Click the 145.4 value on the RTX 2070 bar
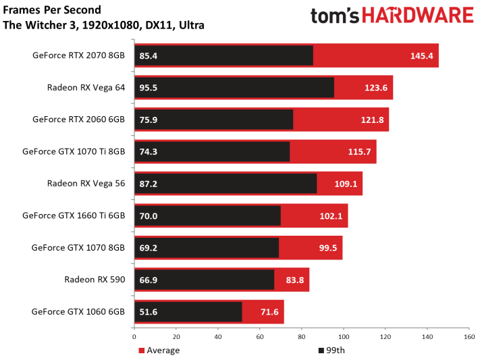421,56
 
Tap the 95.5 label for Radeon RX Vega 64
148,88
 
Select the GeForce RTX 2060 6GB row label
79,119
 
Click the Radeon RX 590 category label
95,280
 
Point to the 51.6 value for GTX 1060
148,312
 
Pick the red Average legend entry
159,350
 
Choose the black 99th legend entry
331,350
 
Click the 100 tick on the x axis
344,337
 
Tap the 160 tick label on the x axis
469,337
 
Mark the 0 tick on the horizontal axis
134,337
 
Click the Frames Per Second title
52,10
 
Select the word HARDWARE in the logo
418,16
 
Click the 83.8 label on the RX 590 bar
295,280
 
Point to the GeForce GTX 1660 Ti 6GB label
74,215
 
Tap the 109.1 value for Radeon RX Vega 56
346,184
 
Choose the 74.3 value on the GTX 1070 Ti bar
148,152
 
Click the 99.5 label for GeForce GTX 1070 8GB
328,248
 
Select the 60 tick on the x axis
260,337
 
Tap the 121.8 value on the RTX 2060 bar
372,120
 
